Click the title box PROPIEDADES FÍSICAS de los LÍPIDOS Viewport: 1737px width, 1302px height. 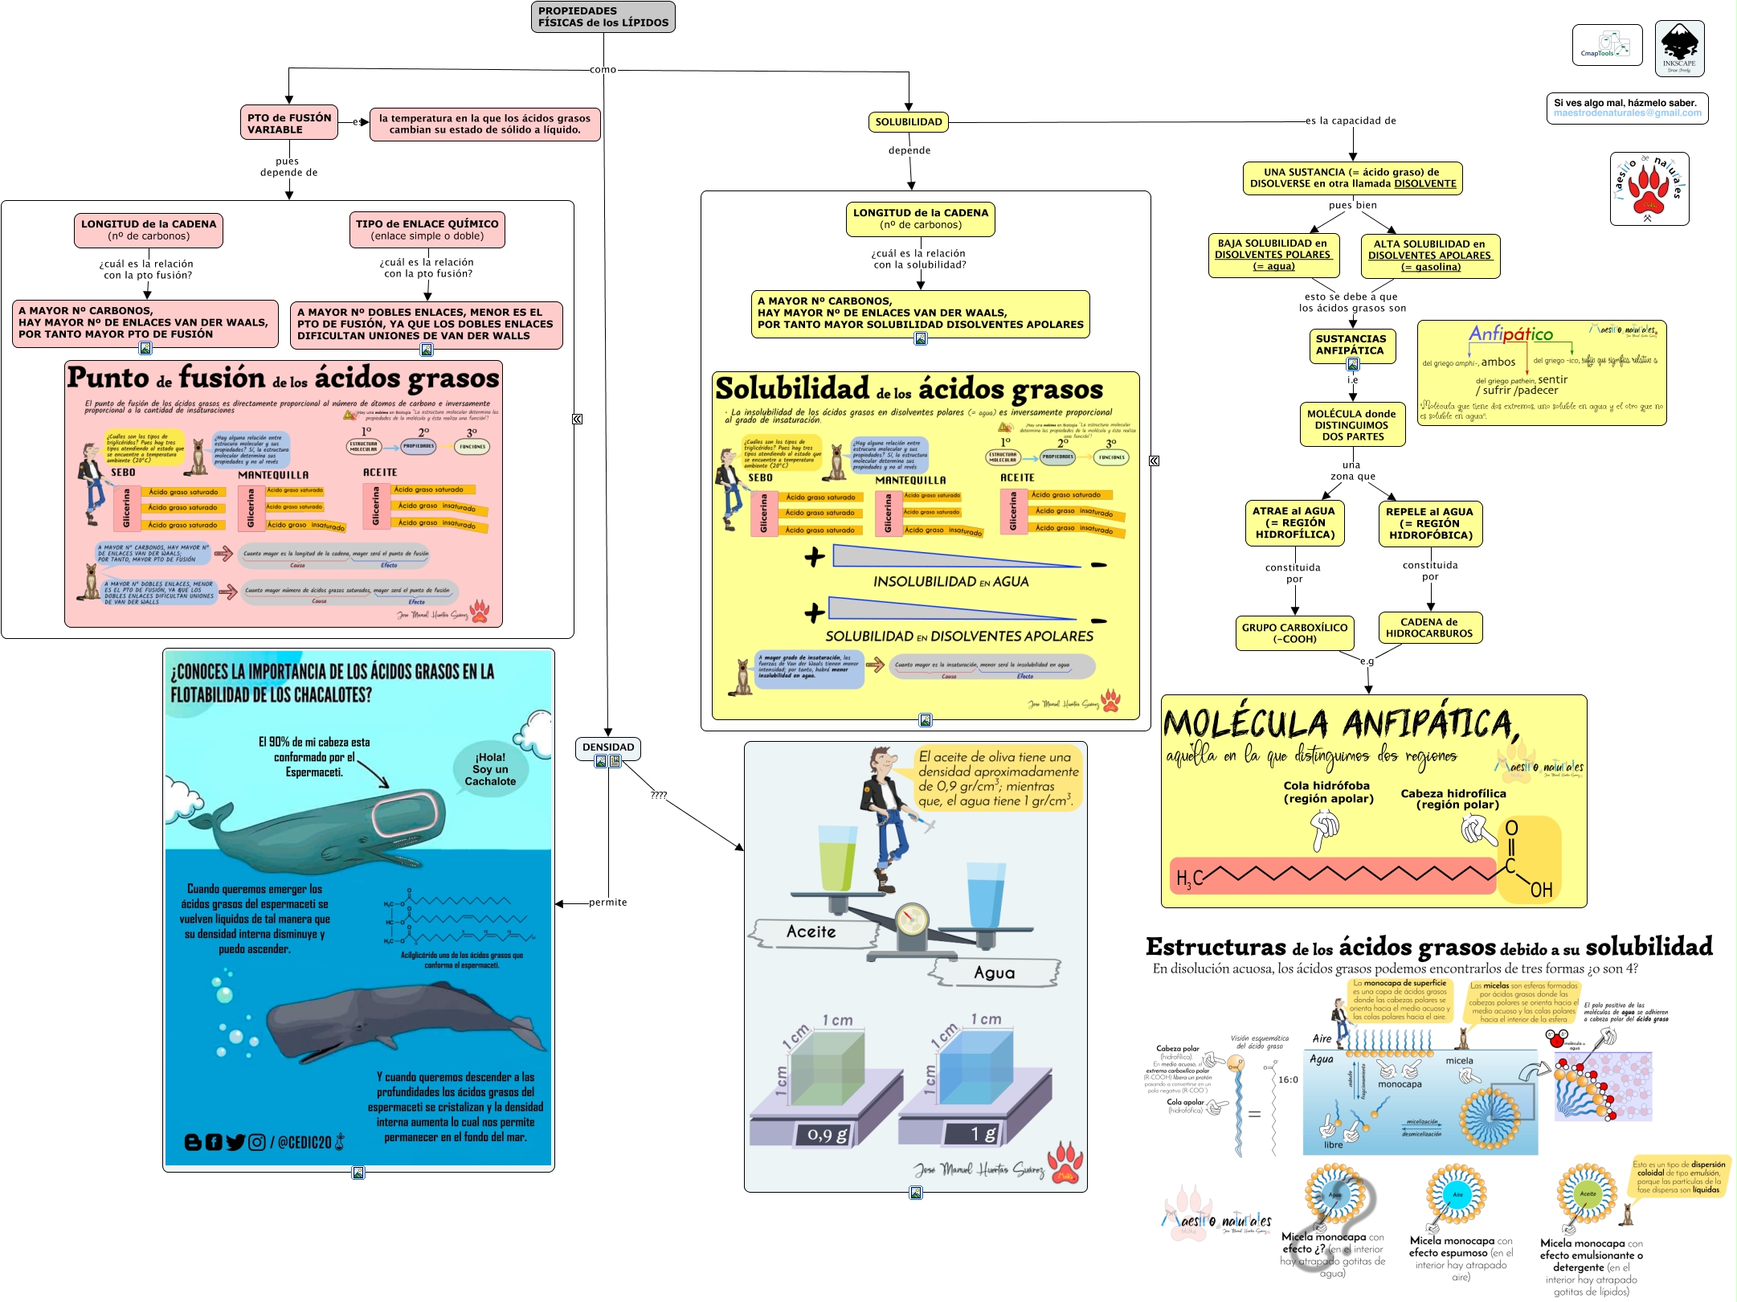603,17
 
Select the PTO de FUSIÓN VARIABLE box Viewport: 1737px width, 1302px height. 289,123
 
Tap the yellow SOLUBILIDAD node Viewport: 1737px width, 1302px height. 908,122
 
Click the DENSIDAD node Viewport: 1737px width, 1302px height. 608,747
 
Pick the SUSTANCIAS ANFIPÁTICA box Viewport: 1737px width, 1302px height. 1351,345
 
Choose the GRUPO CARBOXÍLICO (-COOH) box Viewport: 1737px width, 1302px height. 1294,633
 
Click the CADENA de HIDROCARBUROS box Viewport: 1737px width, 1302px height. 1429,628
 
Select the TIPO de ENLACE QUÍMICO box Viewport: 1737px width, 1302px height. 427,230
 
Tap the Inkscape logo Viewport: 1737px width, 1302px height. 1679,49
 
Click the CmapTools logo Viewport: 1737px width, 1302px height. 1607,45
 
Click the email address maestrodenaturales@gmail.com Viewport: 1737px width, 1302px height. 1627,113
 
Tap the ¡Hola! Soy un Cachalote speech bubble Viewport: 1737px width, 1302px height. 490,769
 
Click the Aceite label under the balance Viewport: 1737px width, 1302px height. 811,932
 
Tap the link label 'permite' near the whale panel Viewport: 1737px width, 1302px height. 607,903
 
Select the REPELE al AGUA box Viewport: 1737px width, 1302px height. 1429,523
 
